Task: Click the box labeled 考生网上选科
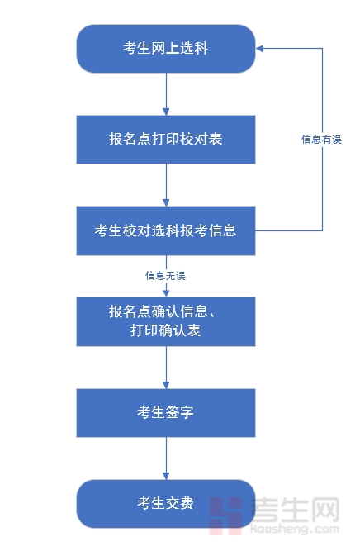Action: point(165,48)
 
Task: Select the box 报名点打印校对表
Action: point(165,139)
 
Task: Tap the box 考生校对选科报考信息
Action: point(165,230)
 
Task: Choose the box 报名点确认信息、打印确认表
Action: point(165,321)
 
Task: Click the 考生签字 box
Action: point(165,412)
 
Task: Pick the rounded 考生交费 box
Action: point(165,503)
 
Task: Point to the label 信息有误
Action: point(321,140)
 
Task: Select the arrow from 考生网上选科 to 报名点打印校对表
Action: point(166,93)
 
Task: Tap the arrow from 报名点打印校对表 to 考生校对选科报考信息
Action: point(166,184)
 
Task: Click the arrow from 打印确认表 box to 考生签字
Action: point(166,367)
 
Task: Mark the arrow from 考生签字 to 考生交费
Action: point(166,458)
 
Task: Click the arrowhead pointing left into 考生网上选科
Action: point(260,48)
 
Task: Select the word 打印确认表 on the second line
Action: point(165,331)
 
